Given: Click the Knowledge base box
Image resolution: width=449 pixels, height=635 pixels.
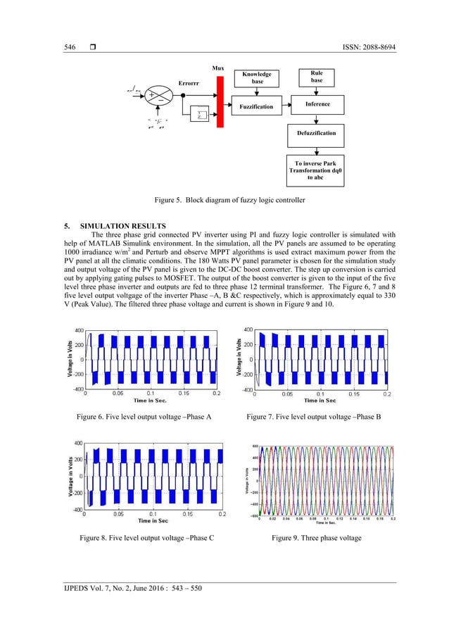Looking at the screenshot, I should [256, 78].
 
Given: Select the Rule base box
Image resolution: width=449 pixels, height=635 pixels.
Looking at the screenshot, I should [315, 77].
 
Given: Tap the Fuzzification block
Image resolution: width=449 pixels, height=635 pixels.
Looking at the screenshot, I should [256, 106].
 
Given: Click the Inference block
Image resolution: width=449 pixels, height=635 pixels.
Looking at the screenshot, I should [315, 104].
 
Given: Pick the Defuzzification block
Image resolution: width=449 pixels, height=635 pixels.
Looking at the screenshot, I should [315, 132].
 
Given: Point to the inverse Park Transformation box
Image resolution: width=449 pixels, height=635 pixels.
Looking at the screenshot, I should [315, 171].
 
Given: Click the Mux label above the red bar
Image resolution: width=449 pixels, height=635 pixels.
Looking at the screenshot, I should [218, 68].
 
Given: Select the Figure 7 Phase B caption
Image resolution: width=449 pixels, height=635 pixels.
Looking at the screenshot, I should [313, 417].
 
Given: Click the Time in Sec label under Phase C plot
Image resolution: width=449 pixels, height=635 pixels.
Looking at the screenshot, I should [153, 521].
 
